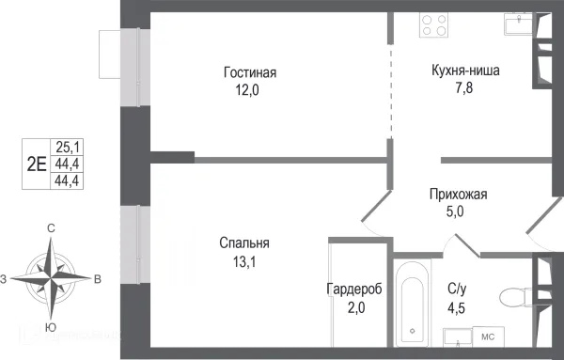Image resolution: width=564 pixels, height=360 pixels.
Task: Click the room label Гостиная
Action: coord(250,72)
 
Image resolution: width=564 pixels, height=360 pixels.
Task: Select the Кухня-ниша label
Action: coord(465,70)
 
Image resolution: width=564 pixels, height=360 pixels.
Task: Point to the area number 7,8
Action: coord(465,89)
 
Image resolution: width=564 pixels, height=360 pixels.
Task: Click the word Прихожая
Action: coord(458,195)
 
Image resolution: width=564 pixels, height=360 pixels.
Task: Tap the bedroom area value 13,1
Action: coord(242,262)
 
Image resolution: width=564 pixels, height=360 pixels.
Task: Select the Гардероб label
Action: coord(354,290)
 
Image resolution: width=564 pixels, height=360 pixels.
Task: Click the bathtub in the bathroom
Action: coord(411,303)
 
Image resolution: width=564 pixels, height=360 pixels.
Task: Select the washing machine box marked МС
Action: coord(488,336)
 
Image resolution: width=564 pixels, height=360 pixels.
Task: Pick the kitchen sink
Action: coord(516,23)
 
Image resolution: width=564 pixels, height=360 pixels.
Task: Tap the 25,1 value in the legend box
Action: coord(68,147)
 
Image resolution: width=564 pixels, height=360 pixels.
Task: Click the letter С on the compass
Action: coord(51,228)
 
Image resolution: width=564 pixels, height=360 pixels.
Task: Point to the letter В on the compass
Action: coord(98,278)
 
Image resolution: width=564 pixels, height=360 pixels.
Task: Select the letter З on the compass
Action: coord(5,278)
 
